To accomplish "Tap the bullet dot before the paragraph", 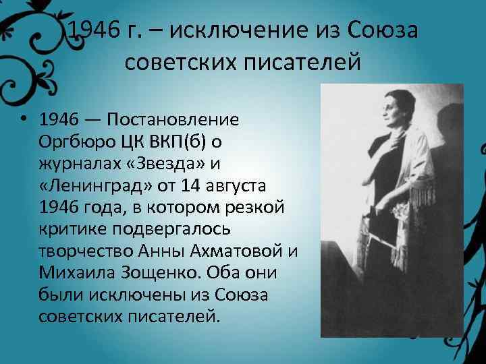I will point(24,120).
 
